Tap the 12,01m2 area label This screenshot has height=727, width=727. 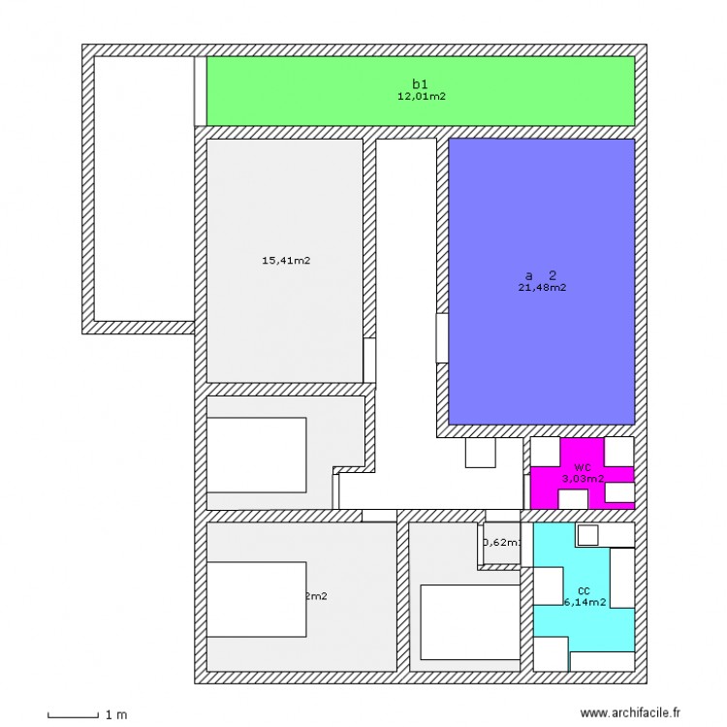pos(421,96)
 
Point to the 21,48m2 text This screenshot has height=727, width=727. pos(542,287)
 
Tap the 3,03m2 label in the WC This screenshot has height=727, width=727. pos(583,478)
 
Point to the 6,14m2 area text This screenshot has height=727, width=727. pos(585,602)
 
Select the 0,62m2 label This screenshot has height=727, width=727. pos(501,543)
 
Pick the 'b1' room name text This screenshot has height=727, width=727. pos(421,84)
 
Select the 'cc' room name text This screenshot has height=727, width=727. pos(584,590)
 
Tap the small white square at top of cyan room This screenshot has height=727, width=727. pos(588,534)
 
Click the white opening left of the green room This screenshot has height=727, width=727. pos(201,90)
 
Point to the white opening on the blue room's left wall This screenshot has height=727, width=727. pos(442,338)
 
